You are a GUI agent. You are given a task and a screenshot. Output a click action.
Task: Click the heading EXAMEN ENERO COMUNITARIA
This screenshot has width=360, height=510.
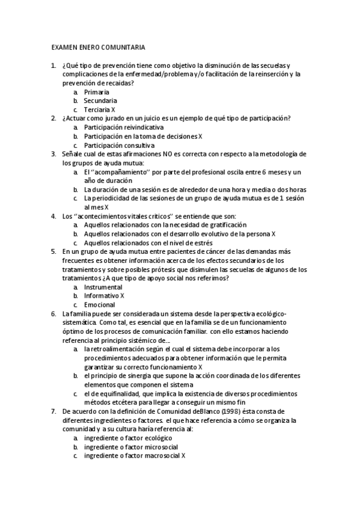98,47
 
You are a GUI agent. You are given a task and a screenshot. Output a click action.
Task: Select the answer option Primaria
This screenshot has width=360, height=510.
97,92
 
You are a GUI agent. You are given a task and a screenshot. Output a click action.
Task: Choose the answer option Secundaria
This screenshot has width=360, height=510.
100,101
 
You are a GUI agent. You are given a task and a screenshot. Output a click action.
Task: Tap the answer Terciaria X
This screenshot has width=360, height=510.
99,110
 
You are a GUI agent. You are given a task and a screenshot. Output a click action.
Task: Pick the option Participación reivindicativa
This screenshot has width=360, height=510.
123,127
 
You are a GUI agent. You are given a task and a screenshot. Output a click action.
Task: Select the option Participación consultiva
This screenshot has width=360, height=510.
119,146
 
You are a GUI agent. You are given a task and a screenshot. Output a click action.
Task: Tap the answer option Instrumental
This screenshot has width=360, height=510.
103,287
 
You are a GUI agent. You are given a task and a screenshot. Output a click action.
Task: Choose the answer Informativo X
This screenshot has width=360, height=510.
104,296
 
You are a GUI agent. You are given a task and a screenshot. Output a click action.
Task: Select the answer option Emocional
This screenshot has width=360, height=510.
100,305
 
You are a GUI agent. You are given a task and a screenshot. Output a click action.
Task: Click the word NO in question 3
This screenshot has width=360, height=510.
168,155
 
